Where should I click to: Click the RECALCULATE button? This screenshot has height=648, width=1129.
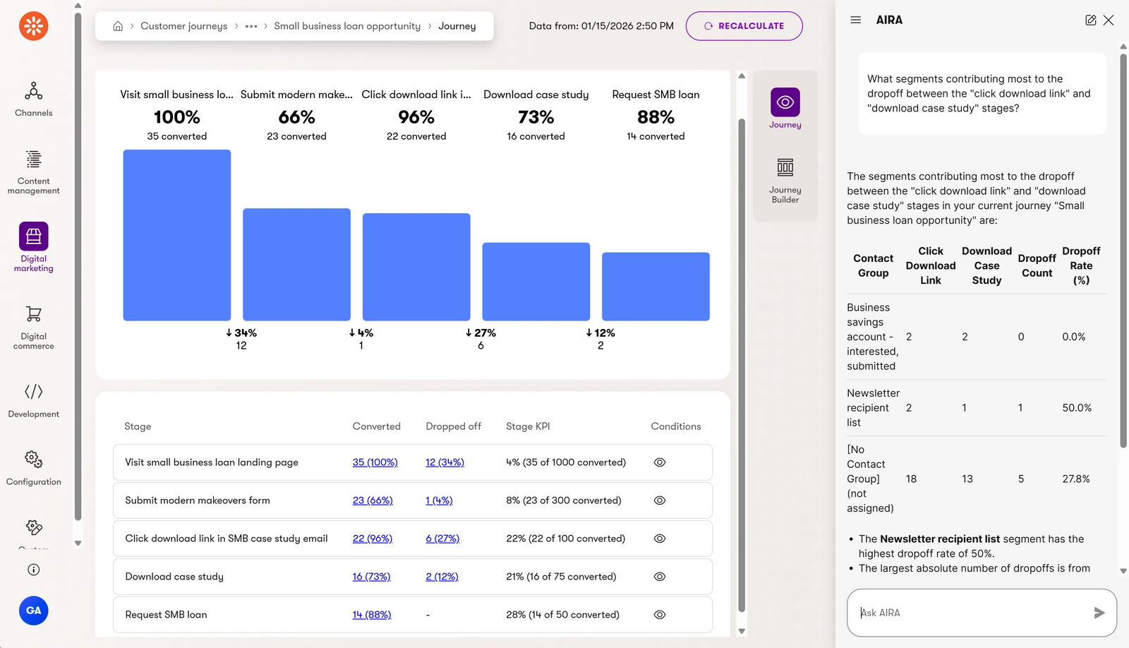coord(744,25)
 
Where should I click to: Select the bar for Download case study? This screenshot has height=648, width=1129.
coord(536,282)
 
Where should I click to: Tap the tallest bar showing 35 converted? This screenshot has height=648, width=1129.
coord(177,235)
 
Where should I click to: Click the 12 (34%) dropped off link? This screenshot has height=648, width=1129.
coord(445,462)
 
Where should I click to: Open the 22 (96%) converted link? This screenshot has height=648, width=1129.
coord(373,538)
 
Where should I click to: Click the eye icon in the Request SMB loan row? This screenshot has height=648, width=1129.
coord(659,614)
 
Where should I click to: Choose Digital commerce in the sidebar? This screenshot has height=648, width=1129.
coord(33,328)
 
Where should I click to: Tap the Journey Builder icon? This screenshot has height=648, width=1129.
coord(785,167)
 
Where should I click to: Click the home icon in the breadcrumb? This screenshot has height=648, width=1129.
coord(117,25)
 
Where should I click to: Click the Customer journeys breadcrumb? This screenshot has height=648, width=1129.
coord(184,25)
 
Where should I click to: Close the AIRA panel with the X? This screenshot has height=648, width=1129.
coord(1109,20)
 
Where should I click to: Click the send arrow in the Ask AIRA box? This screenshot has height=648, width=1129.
coord(1099,612)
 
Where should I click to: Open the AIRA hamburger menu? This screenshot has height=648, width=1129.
coord(855,20)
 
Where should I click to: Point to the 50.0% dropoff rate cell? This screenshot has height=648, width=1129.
coord(1077,407)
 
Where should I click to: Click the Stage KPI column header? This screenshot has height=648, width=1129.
coord(528,426)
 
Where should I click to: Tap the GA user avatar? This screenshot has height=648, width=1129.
coord(33,610)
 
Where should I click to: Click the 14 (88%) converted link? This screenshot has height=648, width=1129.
coord(372,614)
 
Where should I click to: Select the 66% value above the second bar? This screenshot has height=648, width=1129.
coord(296,117)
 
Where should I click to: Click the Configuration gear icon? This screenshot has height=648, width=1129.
coord(33,459)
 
